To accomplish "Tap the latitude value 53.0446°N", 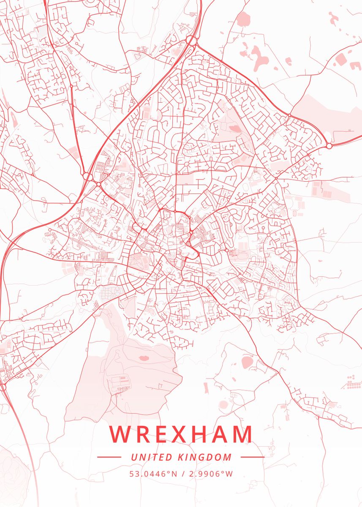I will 153,474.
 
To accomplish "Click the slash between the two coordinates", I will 182,474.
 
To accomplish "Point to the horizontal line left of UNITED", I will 109,457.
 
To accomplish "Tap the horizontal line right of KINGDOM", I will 252,457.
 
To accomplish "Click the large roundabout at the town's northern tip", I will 191,41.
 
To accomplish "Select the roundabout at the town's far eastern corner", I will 329,146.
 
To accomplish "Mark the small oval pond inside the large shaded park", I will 144,358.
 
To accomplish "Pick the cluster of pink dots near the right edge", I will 352,382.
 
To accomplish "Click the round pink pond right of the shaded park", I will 247,362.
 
